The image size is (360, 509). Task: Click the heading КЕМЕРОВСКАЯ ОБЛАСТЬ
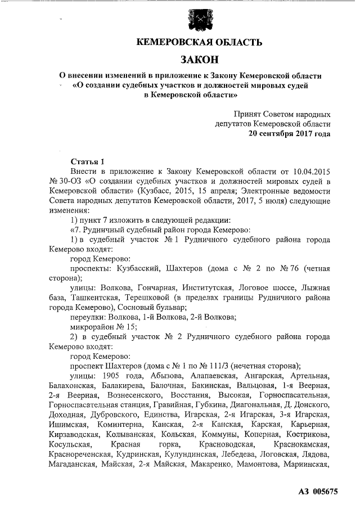click(200, 42)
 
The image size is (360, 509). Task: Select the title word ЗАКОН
click(200, 60)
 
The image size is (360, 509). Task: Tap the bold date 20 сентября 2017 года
click(289, 133)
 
